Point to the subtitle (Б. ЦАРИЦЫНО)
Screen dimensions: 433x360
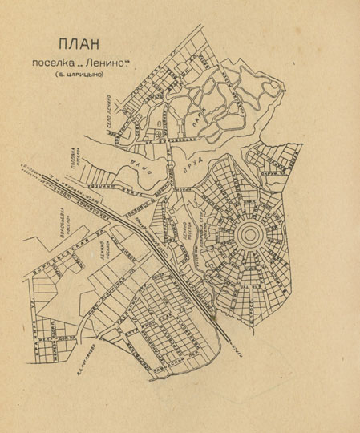point(80,76)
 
